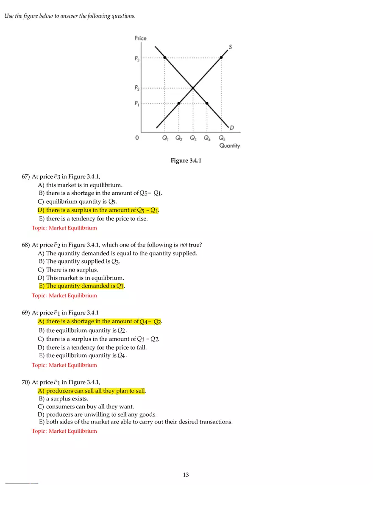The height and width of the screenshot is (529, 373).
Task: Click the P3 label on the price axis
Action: [137, 59]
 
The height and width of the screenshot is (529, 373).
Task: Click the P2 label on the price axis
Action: [137, 88]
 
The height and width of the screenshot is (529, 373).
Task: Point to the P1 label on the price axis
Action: [137, 104]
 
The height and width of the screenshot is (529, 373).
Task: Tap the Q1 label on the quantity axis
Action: [165, 138]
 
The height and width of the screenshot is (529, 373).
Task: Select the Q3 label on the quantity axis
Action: [193, 138]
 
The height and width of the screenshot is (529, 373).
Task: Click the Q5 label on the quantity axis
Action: [222, 138]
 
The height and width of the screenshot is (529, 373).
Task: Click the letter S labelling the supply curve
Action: [230, 47]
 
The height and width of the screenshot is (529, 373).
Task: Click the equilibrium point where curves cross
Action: [193, 88]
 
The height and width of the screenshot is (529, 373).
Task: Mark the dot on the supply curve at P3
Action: [221, 57]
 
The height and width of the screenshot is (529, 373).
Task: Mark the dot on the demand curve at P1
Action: [207, 103]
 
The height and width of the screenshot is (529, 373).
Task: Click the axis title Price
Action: [140, 38]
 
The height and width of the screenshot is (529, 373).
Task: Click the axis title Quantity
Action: [229, 146]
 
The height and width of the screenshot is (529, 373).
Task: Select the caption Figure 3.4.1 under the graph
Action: [186, 160]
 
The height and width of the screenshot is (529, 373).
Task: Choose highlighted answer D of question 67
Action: [98, 210]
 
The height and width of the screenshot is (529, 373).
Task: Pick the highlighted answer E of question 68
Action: [82, 286]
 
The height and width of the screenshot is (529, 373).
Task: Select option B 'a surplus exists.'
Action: [64, 399]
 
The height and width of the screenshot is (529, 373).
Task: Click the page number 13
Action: [186, 475]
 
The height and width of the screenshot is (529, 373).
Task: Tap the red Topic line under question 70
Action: [64, 431]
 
